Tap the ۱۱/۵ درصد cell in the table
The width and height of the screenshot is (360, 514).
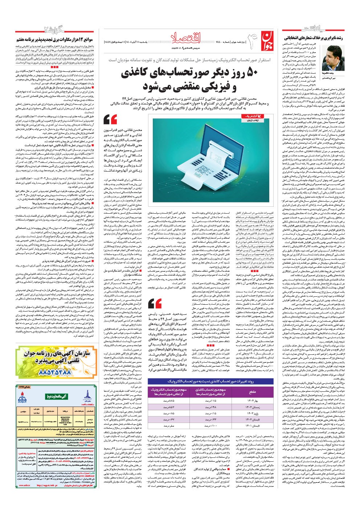point(211,400)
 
